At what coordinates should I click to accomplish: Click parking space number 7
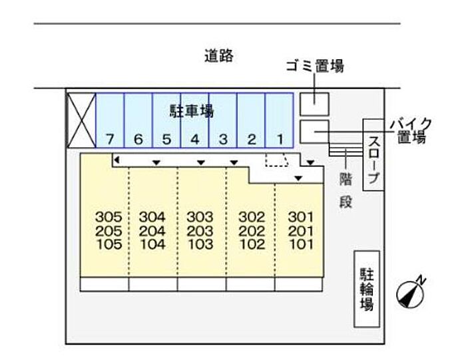(110, 140)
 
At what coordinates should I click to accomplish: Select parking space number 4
(194, 140)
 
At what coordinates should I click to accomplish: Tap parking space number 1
(280, 140)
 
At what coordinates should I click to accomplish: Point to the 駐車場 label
(192, 111)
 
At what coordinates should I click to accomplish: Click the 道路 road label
(218, 56)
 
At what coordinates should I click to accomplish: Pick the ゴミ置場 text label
(314, 65)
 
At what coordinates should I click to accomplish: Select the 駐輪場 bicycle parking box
(366, 289)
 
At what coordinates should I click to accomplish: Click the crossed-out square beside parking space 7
(81, 120)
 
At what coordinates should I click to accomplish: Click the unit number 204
(152, 231)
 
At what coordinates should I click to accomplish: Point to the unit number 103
(200, 244)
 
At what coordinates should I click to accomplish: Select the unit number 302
(252, 217)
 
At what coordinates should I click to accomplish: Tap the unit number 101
(300, 244)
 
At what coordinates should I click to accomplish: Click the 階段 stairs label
(346, 189)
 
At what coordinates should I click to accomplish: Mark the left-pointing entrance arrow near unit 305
(116, 160)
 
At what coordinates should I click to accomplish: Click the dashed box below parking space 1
(276, 160)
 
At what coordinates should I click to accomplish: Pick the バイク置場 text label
(410, 130)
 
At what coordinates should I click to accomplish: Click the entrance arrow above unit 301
(299, 178)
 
